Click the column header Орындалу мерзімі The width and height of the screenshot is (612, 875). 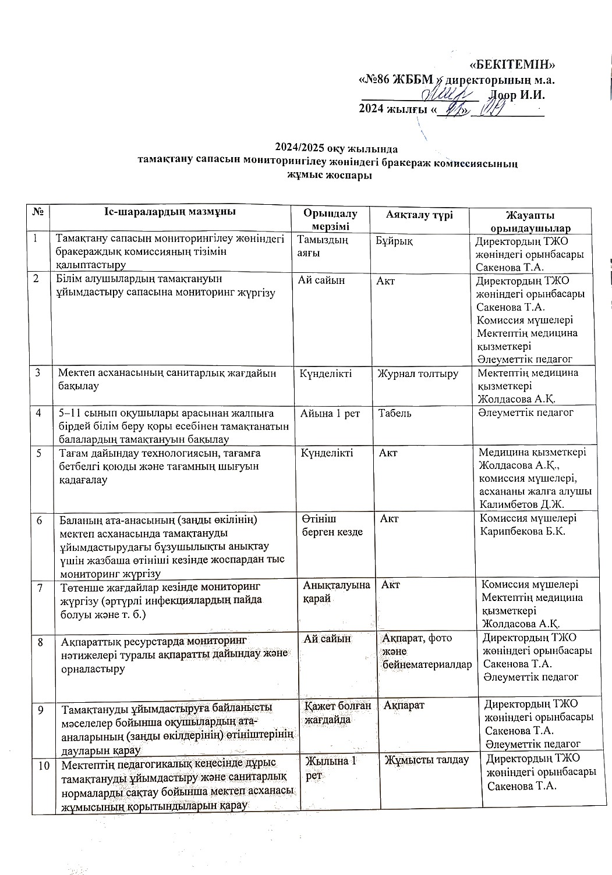click(331, 220)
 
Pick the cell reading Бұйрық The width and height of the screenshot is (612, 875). click(395, 240)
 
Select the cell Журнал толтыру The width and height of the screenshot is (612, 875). click(418, 374)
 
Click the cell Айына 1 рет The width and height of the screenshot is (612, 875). click(330, 413)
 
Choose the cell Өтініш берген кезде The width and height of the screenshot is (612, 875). click(332, 525)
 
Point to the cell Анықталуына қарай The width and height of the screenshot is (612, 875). click(337, 592)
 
